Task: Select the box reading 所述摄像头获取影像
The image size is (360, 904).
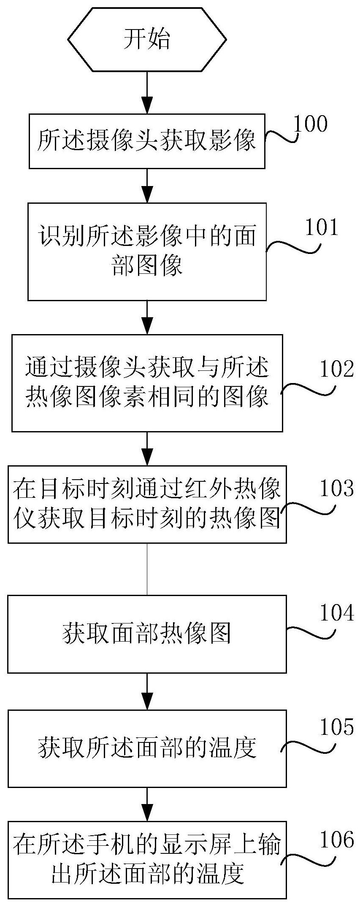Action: (x=147, y=141)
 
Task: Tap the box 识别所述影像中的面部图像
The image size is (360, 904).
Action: (x=147, y=251)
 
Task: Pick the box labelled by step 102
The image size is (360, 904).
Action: (x=147, y=383)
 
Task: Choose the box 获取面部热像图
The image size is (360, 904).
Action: (x=147, y=634)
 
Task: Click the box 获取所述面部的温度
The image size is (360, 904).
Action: (x=147, y=748)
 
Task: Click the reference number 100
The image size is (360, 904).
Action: (x=310, y=124)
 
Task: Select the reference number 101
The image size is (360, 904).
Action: (x=322, y=227)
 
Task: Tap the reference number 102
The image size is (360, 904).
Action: (x=337, y=369)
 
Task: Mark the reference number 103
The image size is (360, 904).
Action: (x=337, y=489)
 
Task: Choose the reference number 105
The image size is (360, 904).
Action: (x=337, y=728)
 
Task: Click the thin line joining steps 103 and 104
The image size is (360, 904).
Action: (x=147, y=569)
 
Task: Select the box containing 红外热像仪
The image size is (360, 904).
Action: (x=147, y=504)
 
